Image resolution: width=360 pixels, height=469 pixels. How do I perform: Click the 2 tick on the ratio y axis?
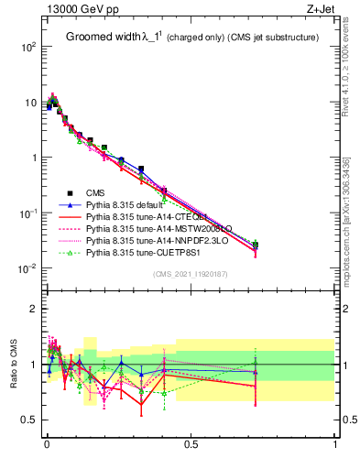35,309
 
